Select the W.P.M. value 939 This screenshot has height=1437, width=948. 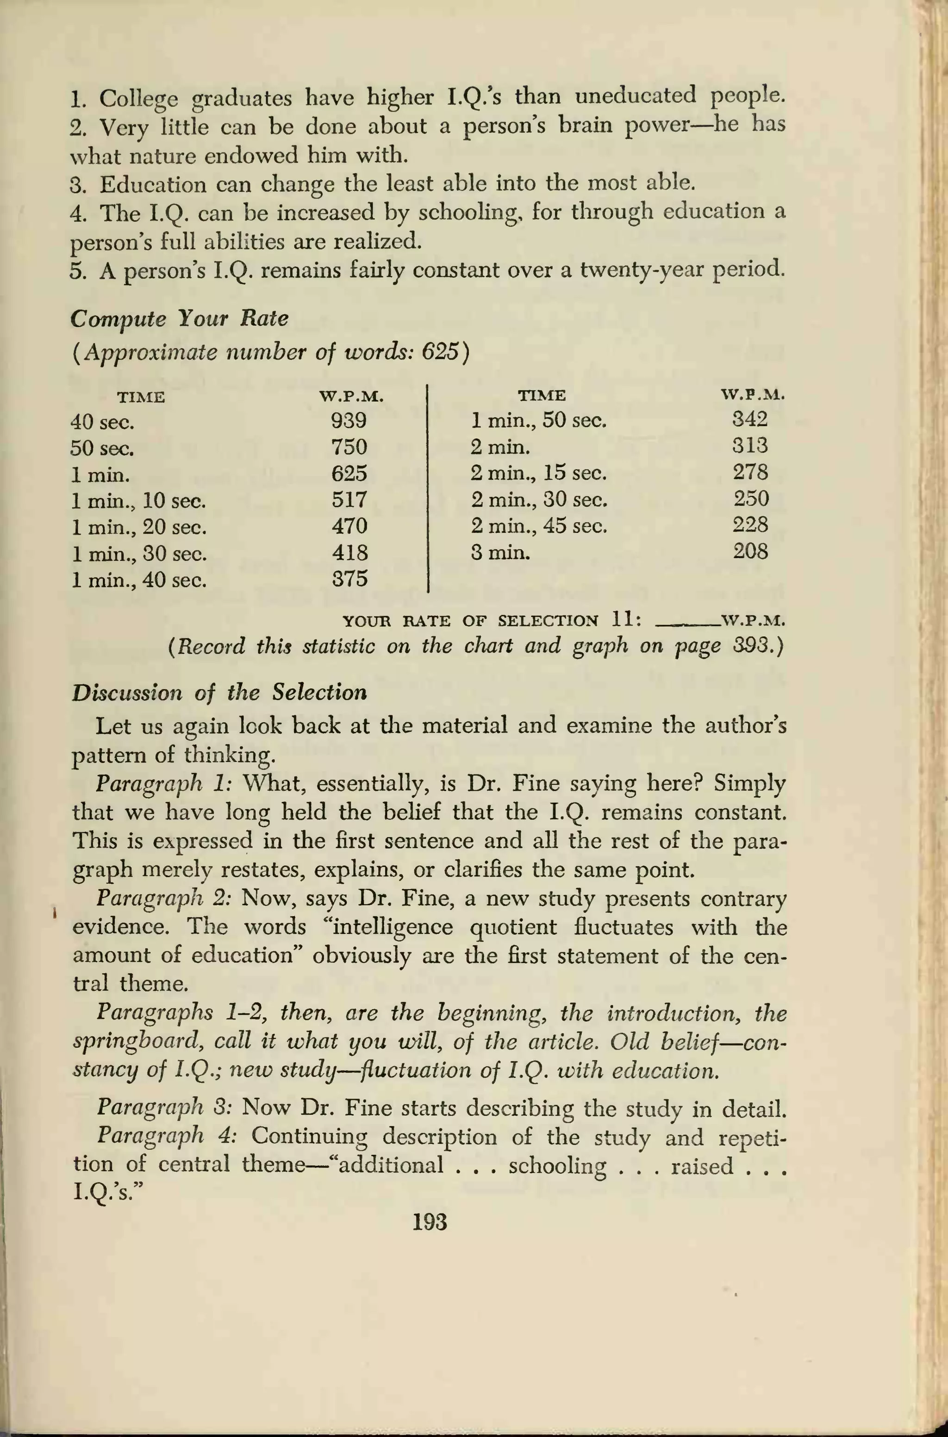(349, 420)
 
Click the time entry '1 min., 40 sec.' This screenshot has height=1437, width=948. (139, 581)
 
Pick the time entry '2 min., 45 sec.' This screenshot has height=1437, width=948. (539, 525)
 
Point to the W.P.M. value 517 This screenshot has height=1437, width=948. (349, 500)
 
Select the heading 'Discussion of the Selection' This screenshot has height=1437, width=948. (219, 693)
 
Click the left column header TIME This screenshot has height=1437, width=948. (141, 398)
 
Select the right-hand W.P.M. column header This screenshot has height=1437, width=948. (753, 395)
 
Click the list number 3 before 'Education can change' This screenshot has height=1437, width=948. (75, 184)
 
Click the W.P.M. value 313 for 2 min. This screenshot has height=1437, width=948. (750, 445)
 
